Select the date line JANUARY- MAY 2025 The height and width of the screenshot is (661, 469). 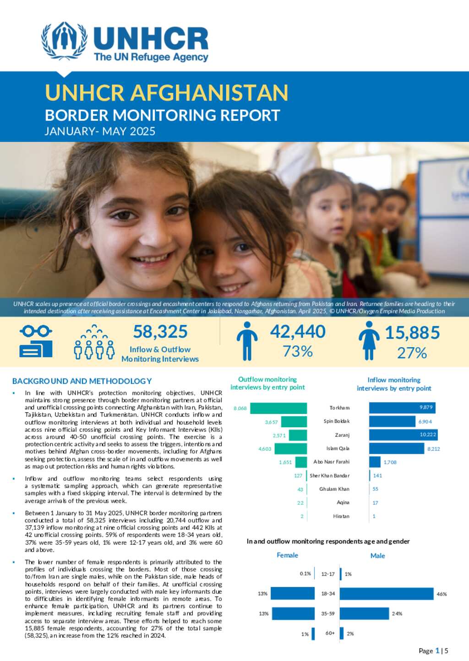(100, 131)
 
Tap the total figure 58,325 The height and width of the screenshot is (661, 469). (160, 332)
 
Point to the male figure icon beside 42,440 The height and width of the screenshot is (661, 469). (247, 341)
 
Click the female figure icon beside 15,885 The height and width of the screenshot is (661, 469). (369, 341)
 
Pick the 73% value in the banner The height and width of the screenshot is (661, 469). (298, 351)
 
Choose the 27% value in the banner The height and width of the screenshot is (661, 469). (412, 353)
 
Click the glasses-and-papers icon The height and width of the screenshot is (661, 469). (36, 341)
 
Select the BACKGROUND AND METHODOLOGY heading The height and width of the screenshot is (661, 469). (82, 381)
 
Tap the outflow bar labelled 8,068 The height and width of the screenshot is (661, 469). (278, 408)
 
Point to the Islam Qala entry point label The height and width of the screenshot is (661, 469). (338, 449)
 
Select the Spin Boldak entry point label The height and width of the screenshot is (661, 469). (336, 421)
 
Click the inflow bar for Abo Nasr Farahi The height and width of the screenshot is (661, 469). (375, 462)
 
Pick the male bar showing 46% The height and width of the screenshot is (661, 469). (386, 594)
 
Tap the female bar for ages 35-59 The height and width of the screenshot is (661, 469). (293, 613)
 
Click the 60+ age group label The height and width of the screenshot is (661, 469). (330, 634)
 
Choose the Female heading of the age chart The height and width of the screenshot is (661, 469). (287, 555)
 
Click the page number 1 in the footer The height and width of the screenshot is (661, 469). (437, 650)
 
